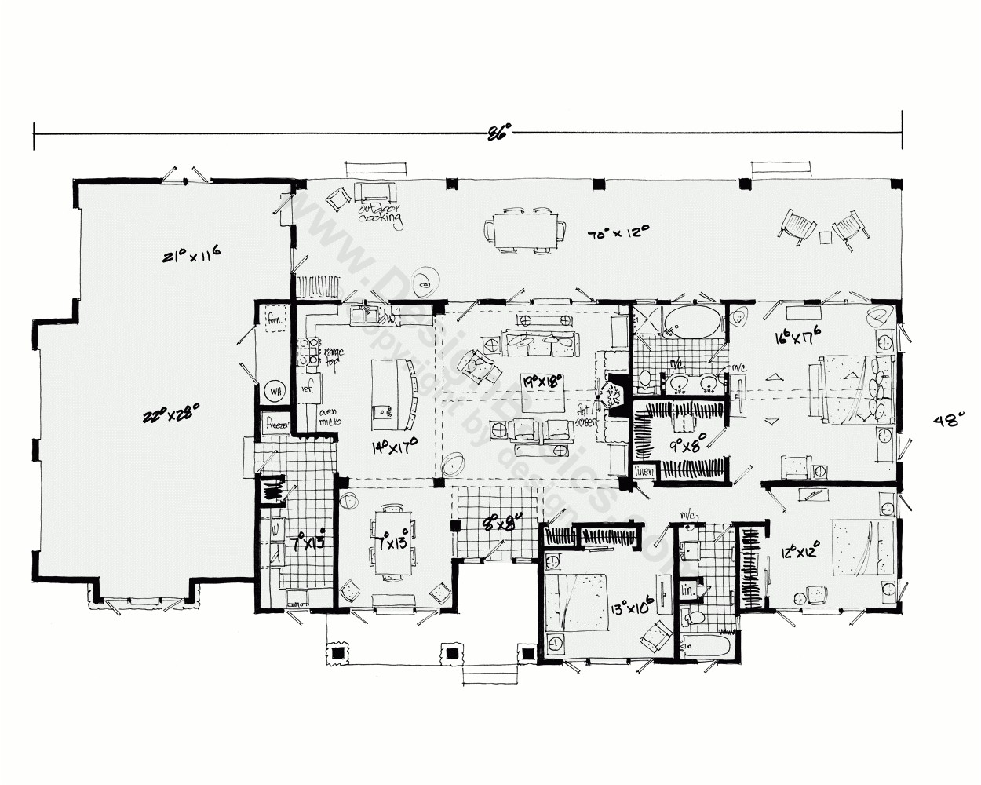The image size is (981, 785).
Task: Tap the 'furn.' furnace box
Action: [275, 319]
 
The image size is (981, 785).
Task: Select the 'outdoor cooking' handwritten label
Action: [380, 214]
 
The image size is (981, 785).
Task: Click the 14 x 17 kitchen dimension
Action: [394, 447]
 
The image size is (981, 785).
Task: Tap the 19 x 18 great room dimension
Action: [545, 382]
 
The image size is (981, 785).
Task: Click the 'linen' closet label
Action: [644, 471]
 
